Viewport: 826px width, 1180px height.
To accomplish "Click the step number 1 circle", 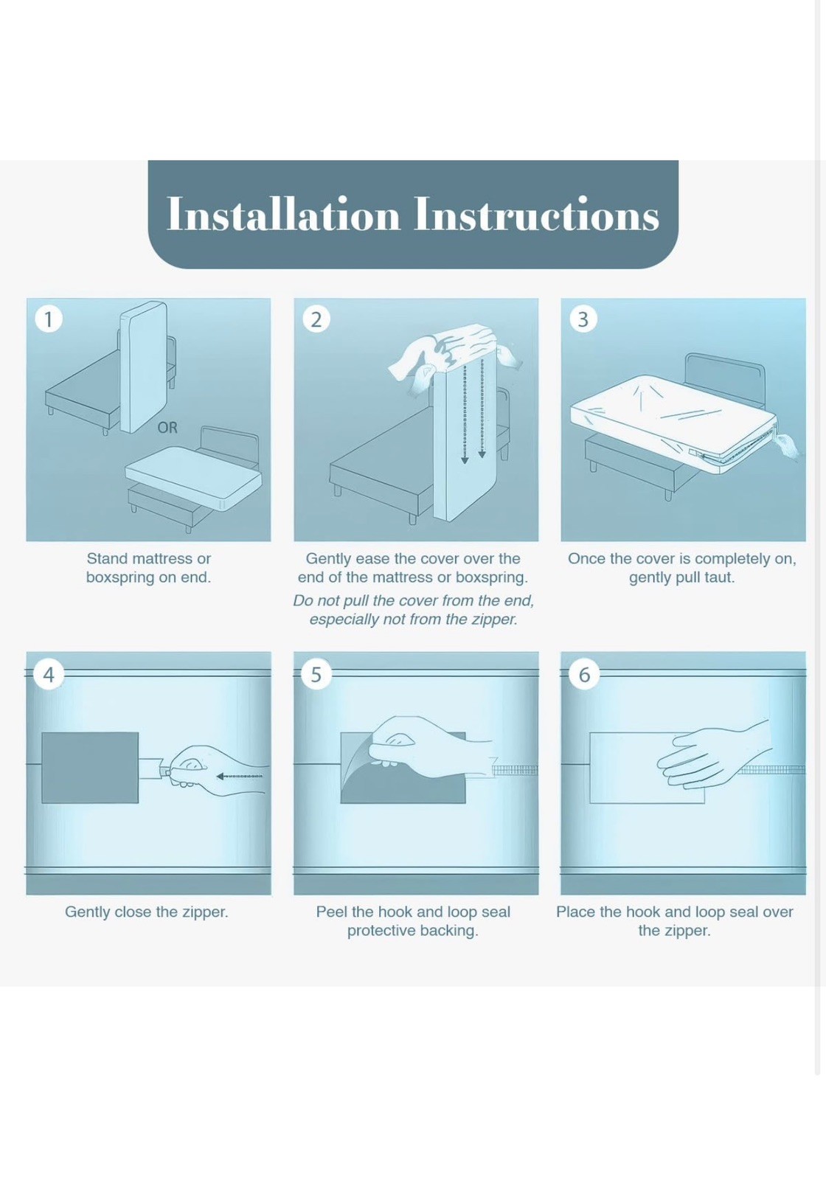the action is tap(49, 319).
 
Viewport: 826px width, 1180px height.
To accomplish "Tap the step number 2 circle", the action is tap(316, 319).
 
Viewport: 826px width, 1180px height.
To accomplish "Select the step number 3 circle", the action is tap(583, 319).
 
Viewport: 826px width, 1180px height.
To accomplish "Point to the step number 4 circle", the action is tap(49, 674).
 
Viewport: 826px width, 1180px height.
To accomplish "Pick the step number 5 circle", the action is tap(316, 674).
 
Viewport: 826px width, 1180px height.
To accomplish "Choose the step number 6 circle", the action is tap(584, 674).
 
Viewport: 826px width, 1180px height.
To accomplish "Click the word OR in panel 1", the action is tap(167, 428).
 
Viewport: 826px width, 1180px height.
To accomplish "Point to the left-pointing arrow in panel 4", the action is tap(240, 776).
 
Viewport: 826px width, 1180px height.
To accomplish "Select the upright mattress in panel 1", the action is tap(143, 367).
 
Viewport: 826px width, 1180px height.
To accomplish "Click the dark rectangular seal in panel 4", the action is tap(90, 768).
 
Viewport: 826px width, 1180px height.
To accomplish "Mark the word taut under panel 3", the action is tap(719, 578).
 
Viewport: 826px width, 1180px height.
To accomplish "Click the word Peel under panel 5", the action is tap(331, 912).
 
